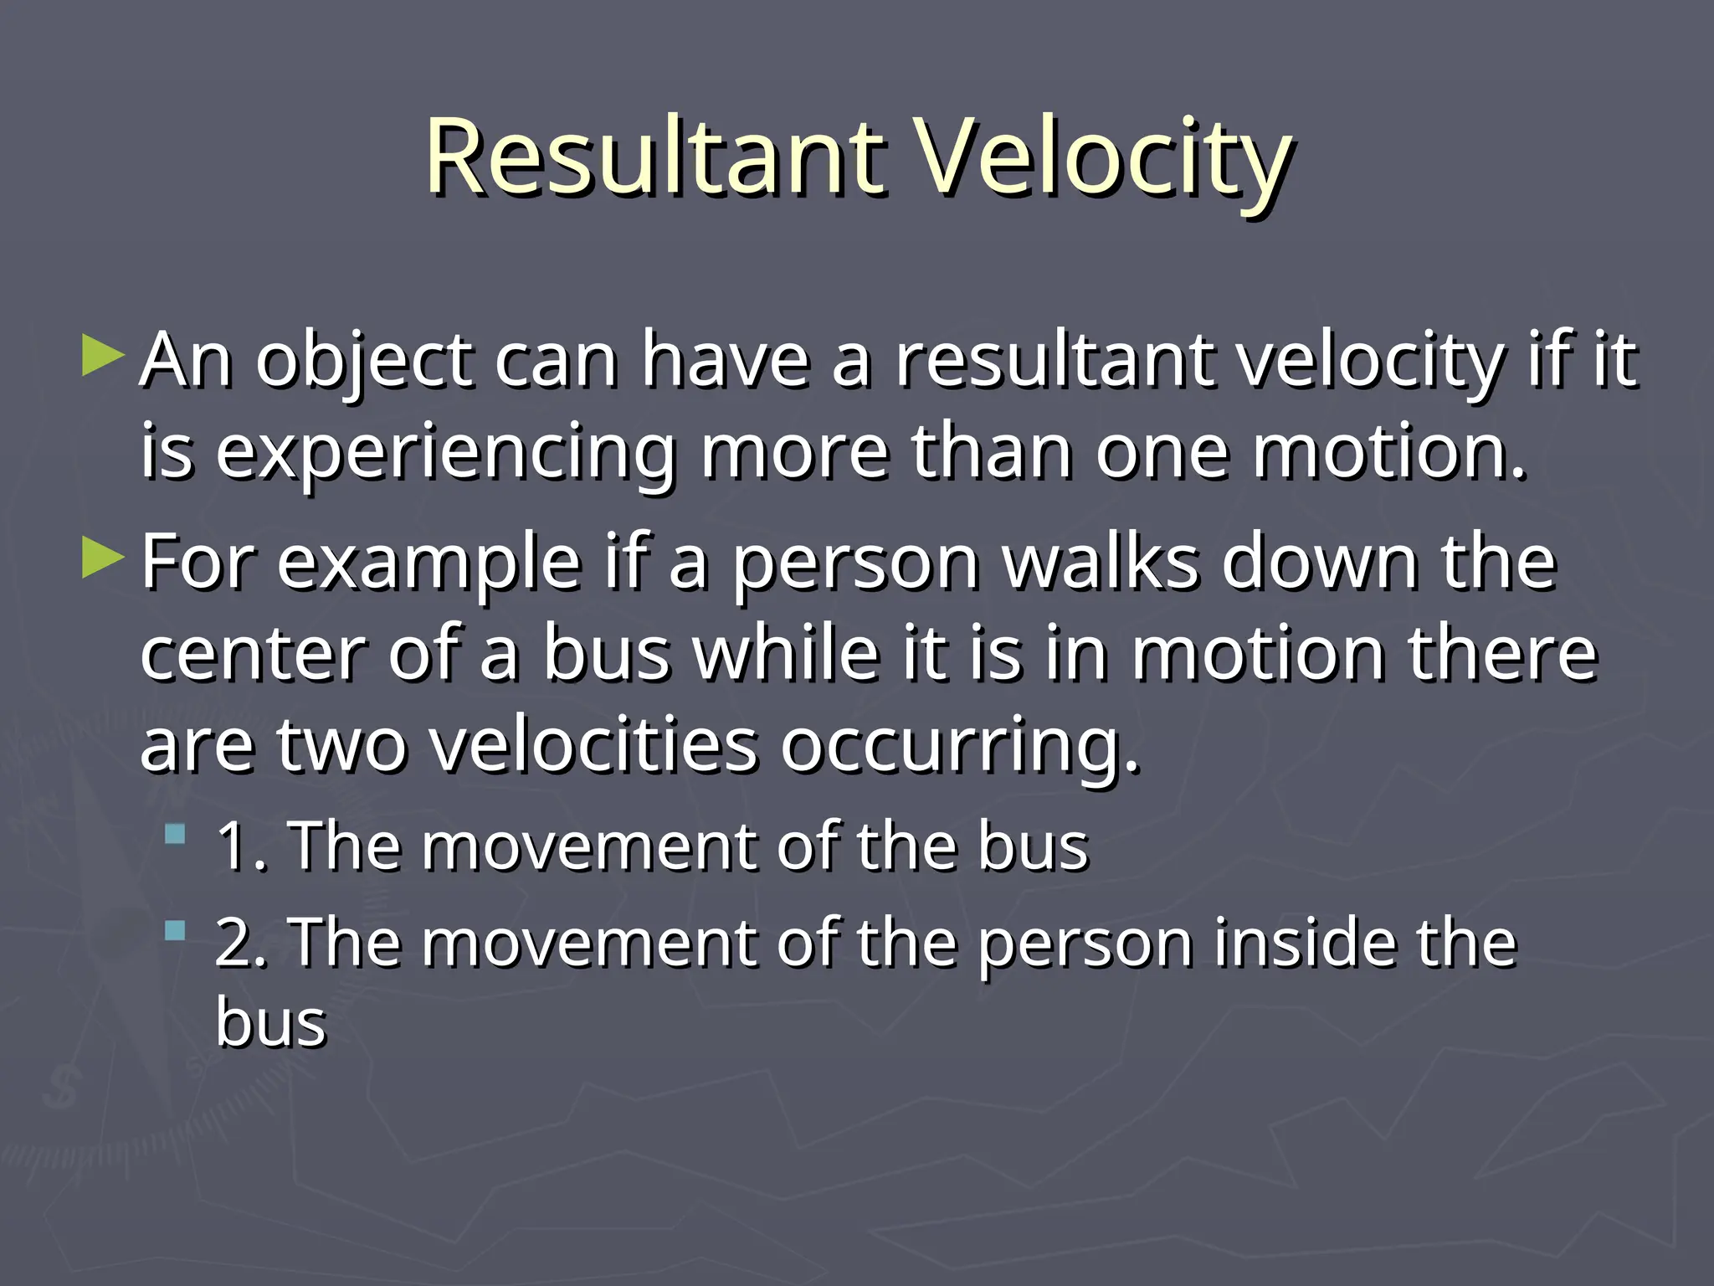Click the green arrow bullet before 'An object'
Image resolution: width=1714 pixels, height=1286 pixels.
click(x=103, y=356)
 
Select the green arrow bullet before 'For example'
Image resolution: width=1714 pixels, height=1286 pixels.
click(x=103, y=558)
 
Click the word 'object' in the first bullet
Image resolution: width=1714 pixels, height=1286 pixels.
click(x=363, y=362)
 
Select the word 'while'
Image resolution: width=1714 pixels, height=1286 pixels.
click(x=787, y=654)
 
